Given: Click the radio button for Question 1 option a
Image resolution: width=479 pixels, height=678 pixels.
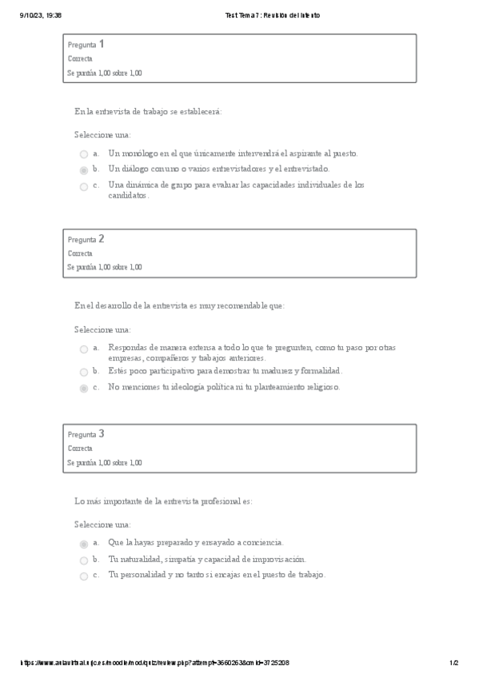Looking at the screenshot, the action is tap(84, 154).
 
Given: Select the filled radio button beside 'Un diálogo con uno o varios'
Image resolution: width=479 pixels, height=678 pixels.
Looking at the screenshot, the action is tap(84, 170).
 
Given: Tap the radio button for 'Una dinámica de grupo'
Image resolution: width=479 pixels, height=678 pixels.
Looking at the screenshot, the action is tap(84, 186).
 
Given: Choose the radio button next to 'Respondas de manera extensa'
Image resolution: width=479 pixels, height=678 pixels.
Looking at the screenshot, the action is tap(84, 349).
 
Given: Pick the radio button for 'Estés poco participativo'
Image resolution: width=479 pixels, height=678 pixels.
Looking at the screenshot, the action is tap(84, 372).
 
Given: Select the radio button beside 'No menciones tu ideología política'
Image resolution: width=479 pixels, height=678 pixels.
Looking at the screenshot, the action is tap(84, 388).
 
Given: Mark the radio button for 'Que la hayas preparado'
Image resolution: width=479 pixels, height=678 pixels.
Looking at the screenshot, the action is tap(84, 544).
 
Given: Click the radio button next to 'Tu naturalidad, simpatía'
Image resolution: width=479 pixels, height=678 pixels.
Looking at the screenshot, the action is tap(84, 560).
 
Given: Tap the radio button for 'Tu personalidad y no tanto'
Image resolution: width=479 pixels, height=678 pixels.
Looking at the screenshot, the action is tap(84, 576).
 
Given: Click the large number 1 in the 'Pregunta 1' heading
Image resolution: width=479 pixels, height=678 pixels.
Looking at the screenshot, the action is tap(102, 44).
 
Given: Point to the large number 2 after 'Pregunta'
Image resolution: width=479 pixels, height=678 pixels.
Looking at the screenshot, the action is tap(102, 238).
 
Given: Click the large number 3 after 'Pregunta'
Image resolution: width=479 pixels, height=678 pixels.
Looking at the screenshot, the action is tap(102, 433).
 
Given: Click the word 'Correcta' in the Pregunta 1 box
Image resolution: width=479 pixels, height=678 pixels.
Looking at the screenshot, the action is tap(80, 59).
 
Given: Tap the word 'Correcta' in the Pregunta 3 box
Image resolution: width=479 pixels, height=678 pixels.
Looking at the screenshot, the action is tap(80, 449).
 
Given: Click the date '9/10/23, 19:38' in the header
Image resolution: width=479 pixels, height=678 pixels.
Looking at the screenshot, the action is tap(40, 15).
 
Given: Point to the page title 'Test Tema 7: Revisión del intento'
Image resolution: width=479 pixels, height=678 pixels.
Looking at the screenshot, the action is tap(273, 15).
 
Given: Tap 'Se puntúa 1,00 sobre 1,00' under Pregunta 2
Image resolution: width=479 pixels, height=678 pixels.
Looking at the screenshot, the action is tap(105, 267).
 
